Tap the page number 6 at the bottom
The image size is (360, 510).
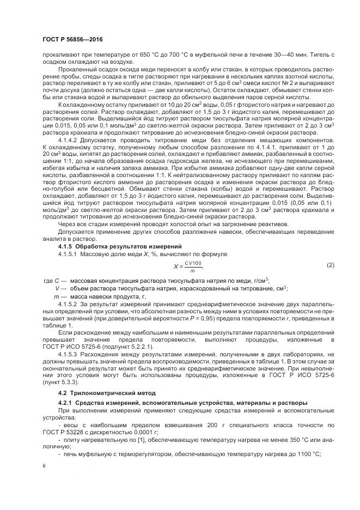pyautogui.click(x=44, y=466)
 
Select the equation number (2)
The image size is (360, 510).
pyautogui.click(x=330, y=265)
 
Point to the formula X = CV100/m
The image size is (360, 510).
pyautogui.click(x=188, y=265)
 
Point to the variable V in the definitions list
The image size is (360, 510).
pyautogui.click(x=57, y=288)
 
